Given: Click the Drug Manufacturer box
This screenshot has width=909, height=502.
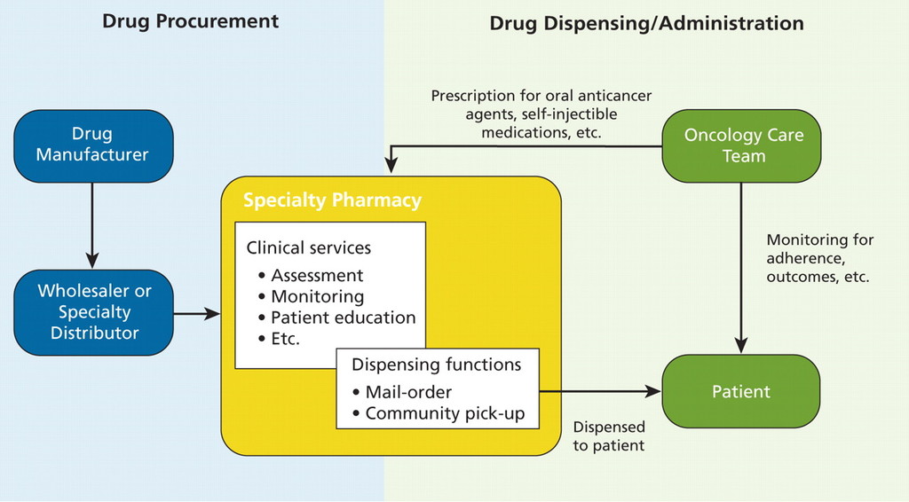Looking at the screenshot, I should (93, 145).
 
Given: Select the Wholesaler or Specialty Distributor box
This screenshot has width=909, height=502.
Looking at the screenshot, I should (93, 312).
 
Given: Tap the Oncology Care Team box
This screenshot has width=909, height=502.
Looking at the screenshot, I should (742, 145).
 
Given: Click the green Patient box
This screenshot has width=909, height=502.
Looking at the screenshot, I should (741, 391).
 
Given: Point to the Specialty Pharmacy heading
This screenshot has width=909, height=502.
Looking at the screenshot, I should (332, 200).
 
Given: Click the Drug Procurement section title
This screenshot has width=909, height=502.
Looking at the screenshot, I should (190, 20).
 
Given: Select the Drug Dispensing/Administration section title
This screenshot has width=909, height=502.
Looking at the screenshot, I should (646, 23).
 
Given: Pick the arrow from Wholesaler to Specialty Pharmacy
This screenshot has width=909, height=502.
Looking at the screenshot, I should (197, 313).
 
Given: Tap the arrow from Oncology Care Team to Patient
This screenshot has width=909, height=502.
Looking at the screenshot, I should (742, 266).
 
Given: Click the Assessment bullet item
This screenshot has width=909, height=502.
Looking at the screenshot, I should (317, 275).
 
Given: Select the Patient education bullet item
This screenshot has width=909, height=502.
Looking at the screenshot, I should (343, 318).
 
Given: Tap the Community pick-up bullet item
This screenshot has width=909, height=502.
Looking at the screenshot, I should (445, 413).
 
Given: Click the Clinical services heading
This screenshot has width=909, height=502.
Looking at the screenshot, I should (309, 248).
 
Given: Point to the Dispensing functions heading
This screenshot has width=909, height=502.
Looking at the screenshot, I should (436, 365).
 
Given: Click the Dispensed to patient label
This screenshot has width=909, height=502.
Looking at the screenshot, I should (609, 436).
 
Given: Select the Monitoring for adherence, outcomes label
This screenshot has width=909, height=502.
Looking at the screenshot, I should (819, 258).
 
